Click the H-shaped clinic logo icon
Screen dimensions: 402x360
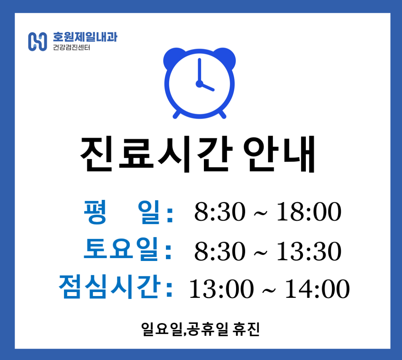(37, 42)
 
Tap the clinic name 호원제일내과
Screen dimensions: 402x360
(85, 37)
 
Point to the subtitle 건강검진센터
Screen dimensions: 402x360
(72, 48)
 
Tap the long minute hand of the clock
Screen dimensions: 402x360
(199, 71)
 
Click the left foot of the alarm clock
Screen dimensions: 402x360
(177, 114)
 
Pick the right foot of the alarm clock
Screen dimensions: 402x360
(223, 114)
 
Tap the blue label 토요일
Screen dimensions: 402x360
(121, 249)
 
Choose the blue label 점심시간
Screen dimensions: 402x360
(110, 287)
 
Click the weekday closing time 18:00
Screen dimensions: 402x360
(309, 212)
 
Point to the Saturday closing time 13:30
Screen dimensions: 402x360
(309, 251)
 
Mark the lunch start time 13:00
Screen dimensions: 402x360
(221, 289)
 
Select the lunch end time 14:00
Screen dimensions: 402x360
(317, 289)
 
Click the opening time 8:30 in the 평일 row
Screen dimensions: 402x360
(220, 212)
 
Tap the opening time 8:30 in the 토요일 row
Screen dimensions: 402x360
(220, 251)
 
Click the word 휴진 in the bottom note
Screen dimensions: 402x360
(246, 329)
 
